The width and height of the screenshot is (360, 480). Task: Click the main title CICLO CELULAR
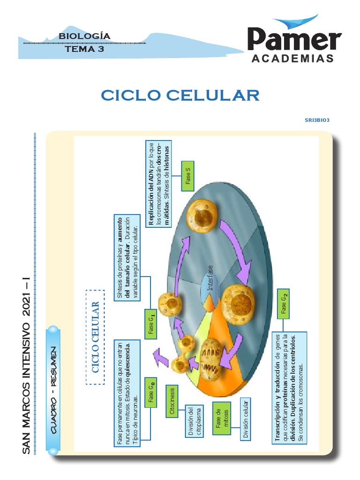point(180,95)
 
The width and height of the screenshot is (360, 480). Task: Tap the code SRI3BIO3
point(317,120)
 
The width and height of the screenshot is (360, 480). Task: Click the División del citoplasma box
point(194,422)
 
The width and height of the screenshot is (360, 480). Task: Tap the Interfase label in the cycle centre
point(210,277)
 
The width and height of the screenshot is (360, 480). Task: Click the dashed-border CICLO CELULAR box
point(95,337)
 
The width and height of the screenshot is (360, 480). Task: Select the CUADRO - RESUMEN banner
point(53,390)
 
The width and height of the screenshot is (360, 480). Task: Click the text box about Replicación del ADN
point(159,183)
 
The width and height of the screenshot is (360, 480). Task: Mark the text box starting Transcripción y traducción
point(289,388)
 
